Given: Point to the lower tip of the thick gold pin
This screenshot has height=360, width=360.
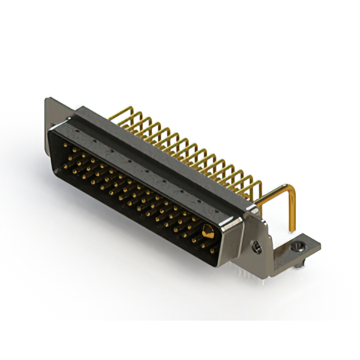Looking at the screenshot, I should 292,229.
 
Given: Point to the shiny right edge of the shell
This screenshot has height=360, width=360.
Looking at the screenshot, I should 228,239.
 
